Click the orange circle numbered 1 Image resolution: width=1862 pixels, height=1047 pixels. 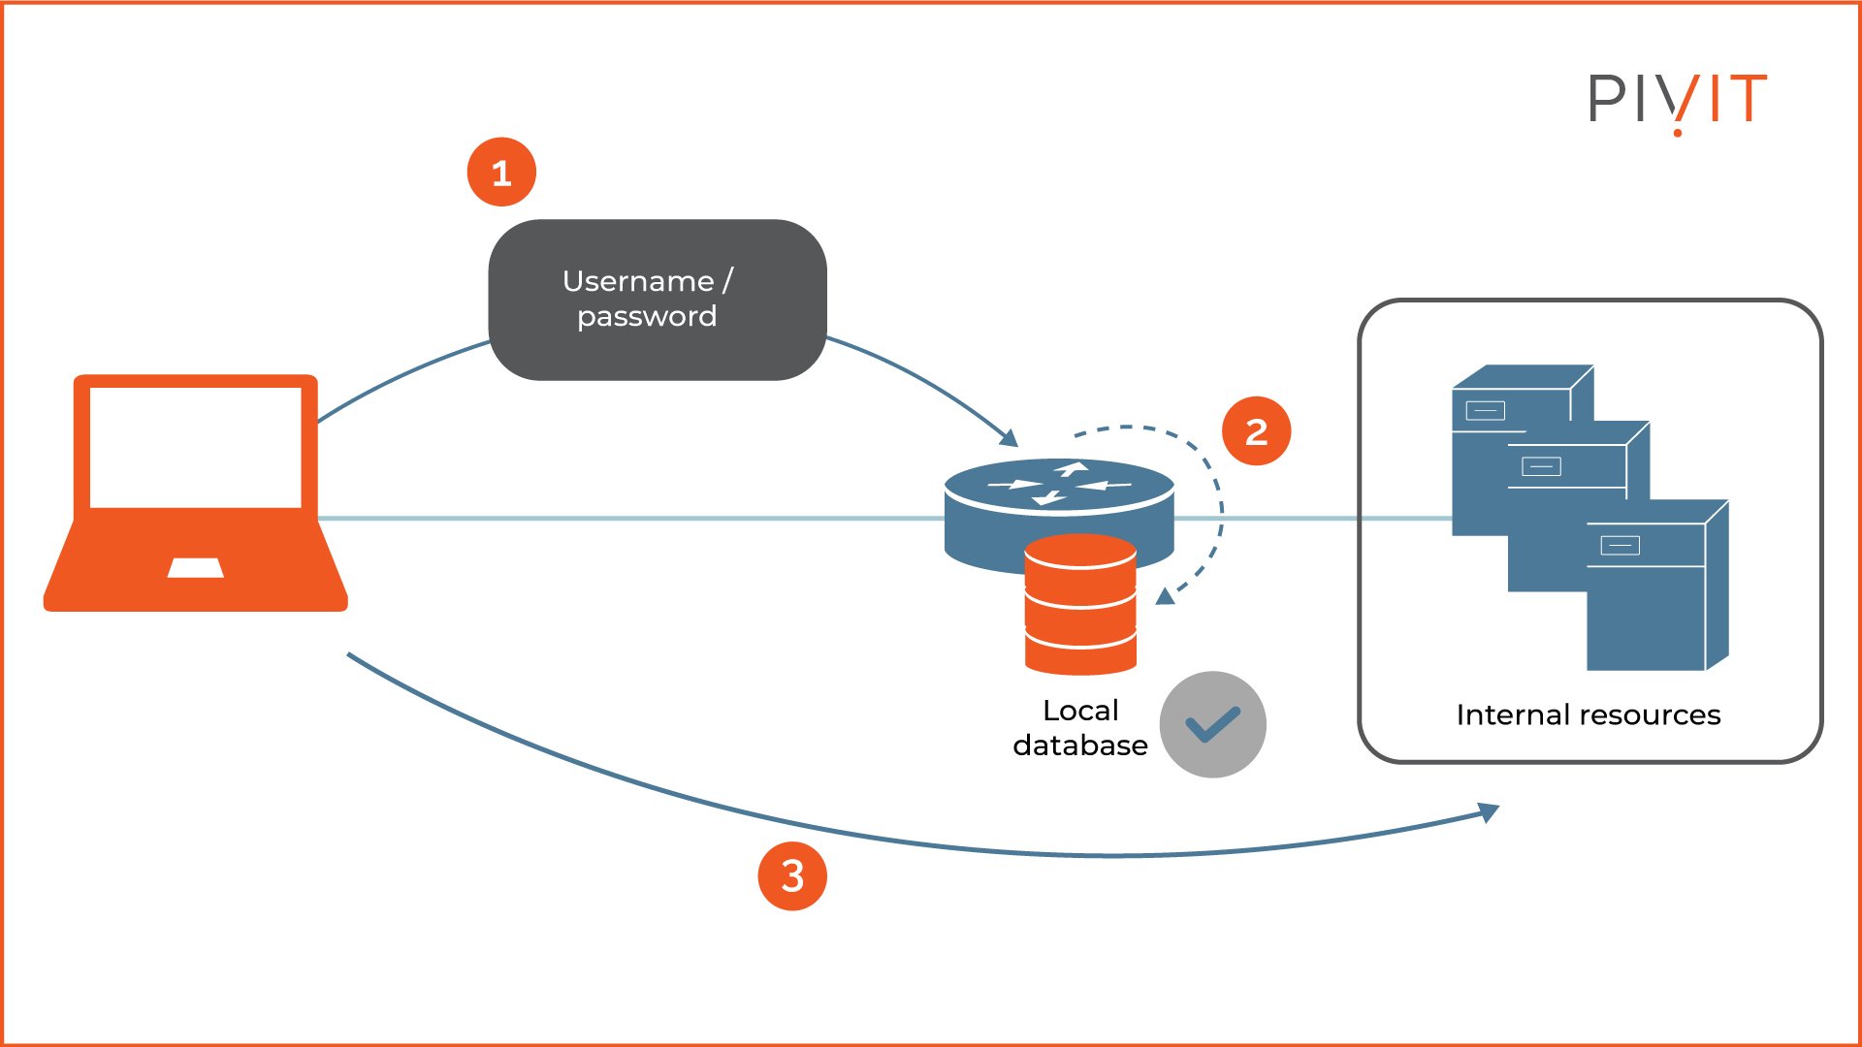tap(501, 173)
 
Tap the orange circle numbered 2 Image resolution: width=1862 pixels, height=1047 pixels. tap(1256, 431)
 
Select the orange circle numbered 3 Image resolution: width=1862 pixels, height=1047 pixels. tap(792, 876)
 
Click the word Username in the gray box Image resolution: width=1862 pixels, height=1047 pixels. tap(637, 281)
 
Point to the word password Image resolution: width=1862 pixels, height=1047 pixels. tap(647, 317)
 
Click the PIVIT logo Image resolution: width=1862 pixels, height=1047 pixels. tap(1677, 100)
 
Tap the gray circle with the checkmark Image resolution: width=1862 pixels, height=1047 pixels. tap(1212, 724)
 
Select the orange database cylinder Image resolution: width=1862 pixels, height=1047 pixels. tap(1080, 606)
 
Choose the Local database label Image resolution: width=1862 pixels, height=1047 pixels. tap(1080, 728)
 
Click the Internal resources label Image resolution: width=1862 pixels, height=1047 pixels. tap(1588, 715)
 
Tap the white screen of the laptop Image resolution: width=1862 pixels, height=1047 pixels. tap(195, 447)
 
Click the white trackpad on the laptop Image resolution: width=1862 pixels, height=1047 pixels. tap(196, 568)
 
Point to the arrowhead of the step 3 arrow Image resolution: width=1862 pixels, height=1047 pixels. tap(1489, 811)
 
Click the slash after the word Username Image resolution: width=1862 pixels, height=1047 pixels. tap(727, 281)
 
